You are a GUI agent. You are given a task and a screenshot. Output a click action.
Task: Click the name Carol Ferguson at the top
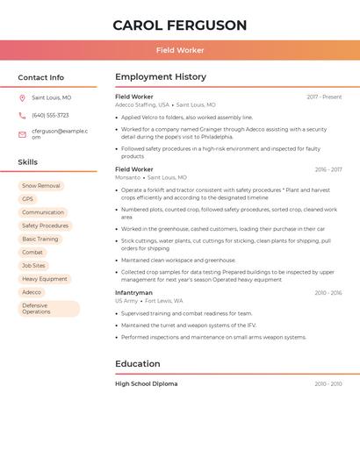[180, 25]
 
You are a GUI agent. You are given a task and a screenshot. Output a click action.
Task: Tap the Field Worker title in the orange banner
[180, 51]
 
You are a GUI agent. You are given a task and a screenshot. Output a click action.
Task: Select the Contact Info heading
[40, 78]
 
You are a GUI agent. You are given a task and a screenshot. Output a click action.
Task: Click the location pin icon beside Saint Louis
[22, 98]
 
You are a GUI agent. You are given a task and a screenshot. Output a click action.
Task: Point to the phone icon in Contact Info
[22, 116]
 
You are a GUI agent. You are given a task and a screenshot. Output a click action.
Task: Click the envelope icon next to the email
[22, 134]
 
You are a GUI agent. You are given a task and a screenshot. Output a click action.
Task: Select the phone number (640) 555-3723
[50, 116]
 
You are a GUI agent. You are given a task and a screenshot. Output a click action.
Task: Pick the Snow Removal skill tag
[41, 186]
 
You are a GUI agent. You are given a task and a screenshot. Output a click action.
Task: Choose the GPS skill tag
[27, 199]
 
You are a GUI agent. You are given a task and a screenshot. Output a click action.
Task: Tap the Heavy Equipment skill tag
[44, 279]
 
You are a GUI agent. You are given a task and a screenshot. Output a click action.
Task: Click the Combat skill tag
[32, 252]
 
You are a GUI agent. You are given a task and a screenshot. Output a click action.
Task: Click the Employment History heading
[161, 77]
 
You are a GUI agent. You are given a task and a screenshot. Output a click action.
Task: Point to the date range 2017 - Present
[324, 97]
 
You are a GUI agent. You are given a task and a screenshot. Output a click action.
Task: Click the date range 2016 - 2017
[328, 169]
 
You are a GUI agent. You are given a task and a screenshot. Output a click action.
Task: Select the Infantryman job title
[133, 292]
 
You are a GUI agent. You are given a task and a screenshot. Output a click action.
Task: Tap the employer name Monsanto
[127, 177]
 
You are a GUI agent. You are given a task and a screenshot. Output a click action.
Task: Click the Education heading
[138, 364]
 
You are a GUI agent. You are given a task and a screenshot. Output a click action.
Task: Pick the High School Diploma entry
[146, 383]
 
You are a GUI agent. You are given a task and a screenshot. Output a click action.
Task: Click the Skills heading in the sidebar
[28, 162]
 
